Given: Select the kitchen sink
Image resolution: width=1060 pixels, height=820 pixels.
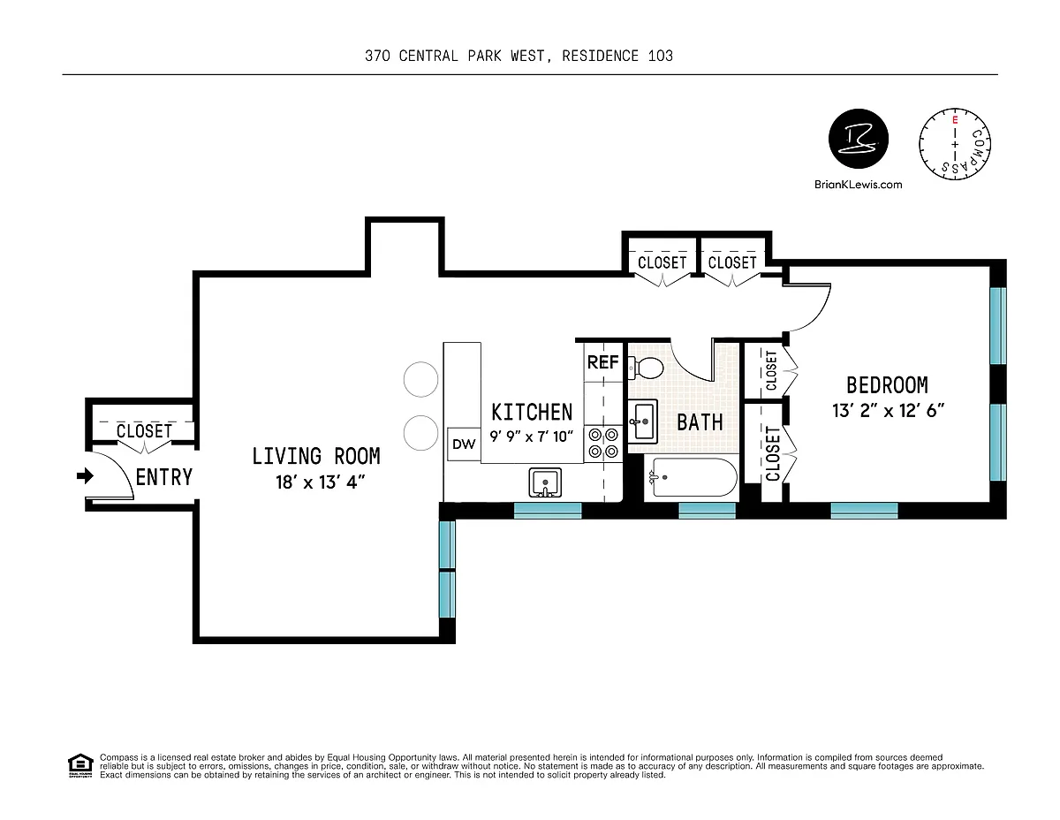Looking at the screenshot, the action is [545, 482].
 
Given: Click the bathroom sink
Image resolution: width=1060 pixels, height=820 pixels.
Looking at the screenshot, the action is [643, 421].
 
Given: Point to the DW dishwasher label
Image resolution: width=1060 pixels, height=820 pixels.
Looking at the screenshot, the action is [464, 444].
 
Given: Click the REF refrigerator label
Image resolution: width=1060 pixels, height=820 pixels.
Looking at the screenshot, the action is [603, 362].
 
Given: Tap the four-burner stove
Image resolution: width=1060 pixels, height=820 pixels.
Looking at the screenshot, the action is [603, 443].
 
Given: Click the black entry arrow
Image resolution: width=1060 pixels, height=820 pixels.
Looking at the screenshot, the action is [86, 475].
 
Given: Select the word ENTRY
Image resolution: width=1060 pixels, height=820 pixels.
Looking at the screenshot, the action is [164, 477].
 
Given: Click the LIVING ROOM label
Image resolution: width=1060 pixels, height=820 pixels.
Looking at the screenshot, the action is [316, 456].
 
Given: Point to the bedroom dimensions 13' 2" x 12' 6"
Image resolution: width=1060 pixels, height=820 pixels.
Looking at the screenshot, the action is [888, 411].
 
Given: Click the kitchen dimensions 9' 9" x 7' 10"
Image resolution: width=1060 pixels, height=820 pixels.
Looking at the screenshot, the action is [531, 436].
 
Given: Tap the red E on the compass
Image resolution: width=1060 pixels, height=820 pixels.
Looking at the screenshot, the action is [955, 119].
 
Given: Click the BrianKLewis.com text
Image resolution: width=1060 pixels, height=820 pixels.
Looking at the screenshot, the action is [858, 185].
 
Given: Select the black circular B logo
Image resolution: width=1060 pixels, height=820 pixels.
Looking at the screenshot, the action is [859, 139].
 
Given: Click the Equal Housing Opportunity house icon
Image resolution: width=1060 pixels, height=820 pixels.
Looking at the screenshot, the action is [80, 765].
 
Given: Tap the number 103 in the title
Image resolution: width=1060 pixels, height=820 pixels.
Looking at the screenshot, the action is [661, 56].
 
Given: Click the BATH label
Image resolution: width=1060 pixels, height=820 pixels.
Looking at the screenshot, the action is [700, 422].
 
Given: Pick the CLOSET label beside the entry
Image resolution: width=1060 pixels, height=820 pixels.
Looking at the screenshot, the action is [144, 431].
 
